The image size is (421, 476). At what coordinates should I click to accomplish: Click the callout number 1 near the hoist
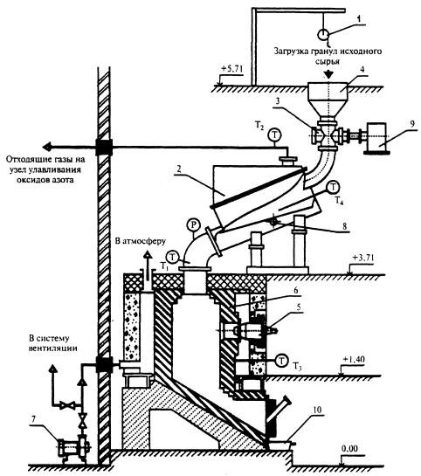pyautogui.click(x=359, y=18)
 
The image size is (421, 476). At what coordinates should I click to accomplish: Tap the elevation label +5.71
pyautogui.click(x=232, y=69)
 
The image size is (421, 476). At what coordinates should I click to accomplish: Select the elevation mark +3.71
pyautogui.click(x=363, y=259)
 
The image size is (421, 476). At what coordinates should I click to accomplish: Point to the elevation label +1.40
pyautogui.click(x=354, y=360)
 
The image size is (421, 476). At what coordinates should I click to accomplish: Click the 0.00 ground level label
pyautogui.click(x=349, y=448)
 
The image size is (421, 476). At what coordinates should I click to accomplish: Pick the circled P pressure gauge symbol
pyautogui.click(x=194, y=225)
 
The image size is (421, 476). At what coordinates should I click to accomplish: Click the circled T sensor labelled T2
pyautogui.click(x=274, y=135)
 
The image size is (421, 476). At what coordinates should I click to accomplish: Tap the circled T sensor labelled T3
pyautogui.click(x=282, y=361)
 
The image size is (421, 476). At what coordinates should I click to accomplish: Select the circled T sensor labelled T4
pyautogui.click(x=334, y=187)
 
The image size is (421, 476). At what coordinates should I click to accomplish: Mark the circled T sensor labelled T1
pyautogui.click(x=173, y=258)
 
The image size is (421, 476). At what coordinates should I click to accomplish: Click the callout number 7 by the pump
pyautogui.click(x=33, y=419)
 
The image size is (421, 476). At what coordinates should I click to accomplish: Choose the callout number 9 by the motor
pyautogui.click(x=412, y=123)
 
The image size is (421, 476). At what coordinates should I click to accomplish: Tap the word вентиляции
pyautogui.click(x=52, y=348)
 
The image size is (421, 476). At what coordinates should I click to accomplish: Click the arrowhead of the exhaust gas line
pyautogui.click(x=47, y=148)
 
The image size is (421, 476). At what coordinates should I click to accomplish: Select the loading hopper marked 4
pyautogui.click(x=328, y=99)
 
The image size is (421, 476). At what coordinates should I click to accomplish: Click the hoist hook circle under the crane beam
pyautogui.click(x=323, y=34)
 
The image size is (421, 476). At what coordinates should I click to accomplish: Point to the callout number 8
pyautogui.click(x=344, y=226)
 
